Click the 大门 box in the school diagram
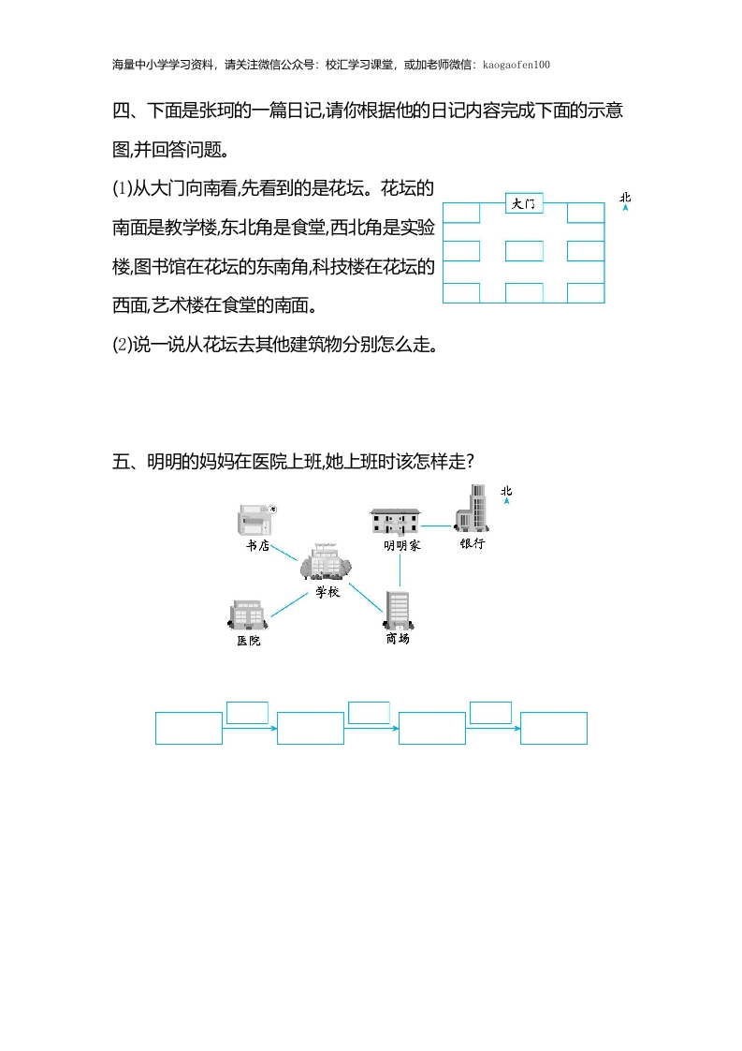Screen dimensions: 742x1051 (x=524, y=203)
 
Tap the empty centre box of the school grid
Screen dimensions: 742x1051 (x=524, y=251)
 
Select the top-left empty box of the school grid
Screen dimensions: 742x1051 (x=461, y=213)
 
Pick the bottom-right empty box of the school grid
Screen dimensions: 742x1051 (x=586, y=293)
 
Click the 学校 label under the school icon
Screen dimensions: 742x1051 (x=327, y=592)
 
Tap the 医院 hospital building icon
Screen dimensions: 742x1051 (x=248, y=614)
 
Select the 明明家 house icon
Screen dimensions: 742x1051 (x=395, y=522)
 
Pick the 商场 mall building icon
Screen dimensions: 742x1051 (x=400, y=610)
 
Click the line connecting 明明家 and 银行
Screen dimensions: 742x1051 (x=437, y=526)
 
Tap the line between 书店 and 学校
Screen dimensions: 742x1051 (x=284, y=553)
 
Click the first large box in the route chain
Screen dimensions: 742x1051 (x=189, y=728)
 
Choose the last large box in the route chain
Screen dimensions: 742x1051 (x=554, y=728)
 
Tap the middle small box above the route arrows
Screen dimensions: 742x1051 (x=369, y=713)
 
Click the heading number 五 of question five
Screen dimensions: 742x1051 (x=122, y=462)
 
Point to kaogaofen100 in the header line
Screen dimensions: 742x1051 (x=516, y=65)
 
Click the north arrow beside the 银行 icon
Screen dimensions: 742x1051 (x=507, y=499)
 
